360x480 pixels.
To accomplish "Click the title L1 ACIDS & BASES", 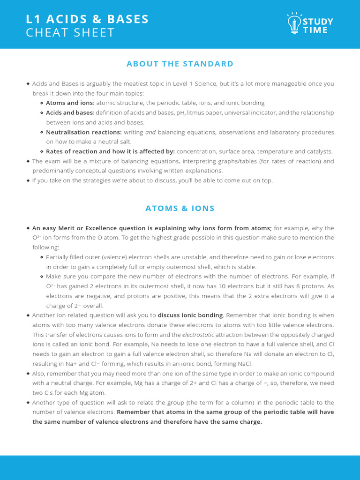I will click(88, 19).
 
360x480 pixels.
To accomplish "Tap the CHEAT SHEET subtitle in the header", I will click(70, 33).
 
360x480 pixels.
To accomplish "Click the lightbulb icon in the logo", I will click(294, 23).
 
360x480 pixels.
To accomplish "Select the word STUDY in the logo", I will click(318, 22).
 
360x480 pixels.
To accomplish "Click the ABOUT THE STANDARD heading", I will click(180, 64).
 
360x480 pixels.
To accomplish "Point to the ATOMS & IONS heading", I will click(180, 208).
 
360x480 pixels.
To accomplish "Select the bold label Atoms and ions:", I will click(70, 103).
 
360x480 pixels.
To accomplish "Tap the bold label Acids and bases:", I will click(70, 112).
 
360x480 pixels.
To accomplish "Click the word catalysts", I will click(318, 151).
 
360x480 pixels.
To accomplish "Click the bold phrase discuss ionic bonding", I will click(190, 315).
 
